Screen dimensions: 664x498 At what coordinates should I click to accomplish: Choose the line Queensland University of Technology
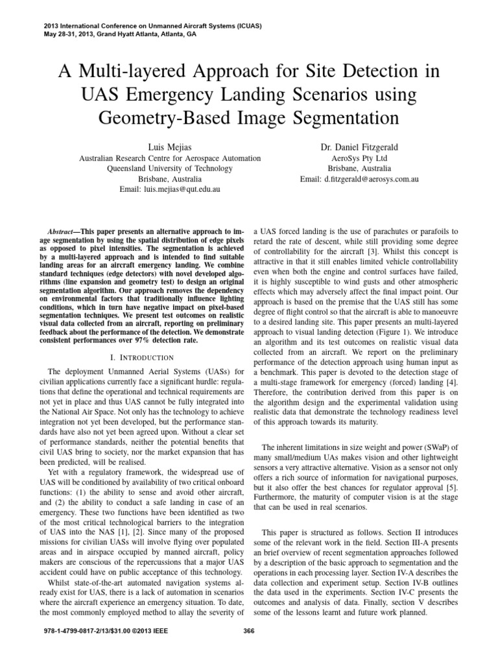click(170, 169)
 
